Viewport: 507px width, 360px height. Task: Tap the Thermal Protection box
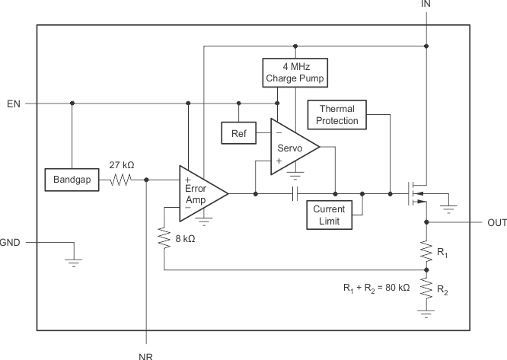point(336,114)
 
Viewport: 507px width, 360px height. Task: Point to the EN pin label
point(13,104)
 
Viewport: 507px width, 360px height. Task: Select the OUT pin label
point(495,223)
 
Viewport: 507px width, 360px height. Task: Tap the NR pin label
point(146,354)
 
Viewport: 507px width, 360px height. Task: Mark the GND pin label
point(10,244)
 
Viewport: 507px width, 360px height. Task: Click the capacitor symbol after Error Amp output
point(295,194)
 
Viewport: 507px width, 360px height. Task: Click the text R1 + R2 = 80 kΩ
point(377,288)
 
